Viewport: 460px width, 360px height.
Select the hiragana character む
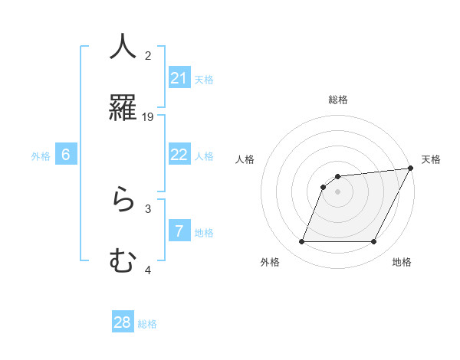point(123,261)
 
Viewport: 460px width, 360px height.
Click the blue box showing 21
point(179,78)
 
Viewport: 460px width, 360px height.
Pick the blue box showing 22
point(179,155)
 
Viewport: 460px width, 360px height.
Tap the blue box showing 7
point(179,231)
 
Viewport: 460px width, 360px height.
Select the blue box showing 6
point(66,155)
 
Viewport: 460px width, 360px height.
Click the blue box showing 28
point(123,322)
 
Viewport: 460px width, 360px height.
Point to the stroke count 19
point(148,117)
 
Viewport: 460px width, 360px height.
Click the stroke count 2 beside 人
point(148,55)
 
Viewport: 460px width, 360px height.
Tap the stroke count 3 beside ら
point(148,208)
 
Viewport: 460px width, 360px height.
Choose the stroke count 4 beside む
point(148,270)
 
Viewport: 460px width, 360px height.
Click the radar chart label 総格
point(338,100)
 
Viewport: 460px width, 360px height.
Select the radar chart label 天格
point(431,159)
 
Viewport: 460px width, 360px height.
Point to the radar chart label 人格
point(245,159)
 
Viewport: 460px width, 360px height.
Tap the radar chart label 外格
point(270,262)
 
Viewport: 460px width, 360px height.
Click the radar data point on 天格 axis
point(411,169)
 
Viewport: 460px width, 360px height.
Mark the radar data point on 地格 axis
point(374,242)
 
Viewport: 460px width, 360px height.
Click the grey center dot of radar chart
point(338,191)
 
